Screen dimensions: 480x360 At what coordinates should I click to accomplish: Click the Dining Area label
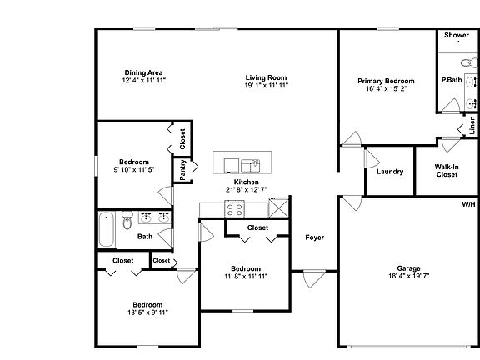click(143, 72)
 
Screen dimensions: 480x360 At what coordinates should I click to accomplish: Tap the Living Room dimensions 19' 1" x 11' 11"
click(267, 85)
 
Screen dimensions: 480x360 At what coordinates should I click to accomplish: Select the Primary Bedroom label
click(386, 81)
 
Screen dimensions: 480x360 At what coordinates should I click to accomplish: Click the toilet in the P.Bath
click(469, 62)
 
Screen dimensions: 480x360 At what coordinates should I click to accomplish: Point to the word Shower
click(457, 35)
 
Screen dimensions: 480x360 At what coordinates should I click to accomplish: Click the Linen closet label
click(472, 125)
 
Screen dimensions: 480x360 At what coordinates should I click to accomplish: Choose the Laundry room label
click(390, 172)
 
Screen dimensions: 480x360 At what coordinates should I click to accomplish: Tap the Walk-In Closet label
click(447, 171)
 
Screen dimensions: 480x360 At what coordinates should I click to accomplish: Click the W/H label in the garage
click(468, 204)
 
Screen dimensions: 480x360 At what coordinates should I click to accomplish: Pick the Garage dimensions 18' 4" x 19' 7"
click(408, 276)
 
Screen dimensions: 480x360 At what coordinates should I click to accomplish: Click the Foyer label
click(315, 237)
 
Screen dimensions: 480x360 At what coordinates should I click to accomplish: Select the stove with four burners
click(234, 209)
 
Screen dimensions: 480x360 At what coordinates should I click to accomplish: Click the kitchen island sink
click(250, 166)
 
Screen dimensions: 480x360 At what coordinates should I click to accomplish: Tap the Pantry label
click(182, 170)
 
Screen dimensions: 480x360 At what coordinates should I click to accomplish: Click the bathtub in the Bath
click(107, 229)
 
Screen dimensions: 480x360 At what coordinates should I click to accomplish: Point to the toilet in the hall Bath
click(127, 219)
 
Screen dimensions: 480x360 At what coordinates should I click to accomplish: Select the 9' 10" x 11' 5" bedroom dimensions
click(134, 169)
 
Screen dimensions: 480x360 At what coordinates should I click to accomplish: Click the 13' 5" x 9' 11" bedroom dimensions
click(147, 312)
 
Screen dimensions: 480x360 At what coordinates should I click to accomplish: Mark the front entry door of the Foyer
click(314, 278)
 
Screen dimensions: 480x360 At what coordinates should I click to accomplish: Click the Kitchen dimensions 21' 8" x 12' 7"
click(247, 189)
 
